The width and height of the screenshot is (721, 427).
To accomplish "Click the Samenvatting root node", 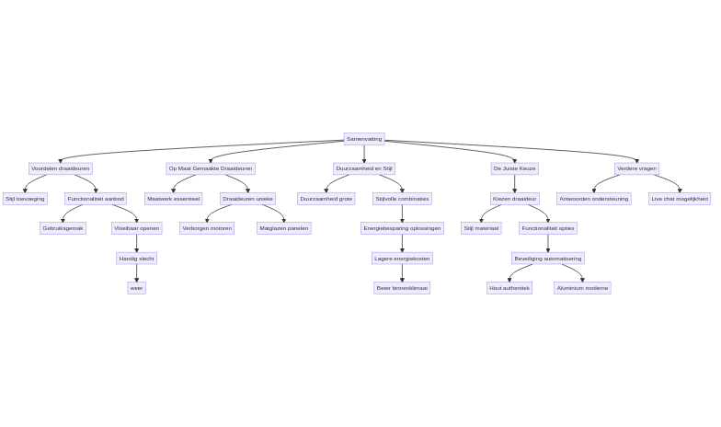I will click(x=364, y=139).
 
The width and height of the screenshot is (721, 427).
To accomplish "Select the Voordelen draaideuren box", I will click(x=61, y=168).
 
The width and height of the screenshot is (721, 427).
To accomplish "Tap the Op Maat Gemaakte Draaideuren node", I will click(x=211, y=168).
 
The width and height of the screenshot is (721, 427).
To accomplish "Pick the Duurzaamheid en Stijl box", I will click(x=363, y=168).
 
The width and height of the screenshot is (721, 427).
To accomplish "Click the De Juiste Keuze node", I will click(x=514, y=168).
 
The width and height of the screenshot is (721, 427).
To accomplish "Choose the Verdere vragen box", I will click(x=636, y=168).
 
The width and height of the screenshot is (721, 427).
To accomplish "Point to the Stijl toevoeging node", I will click(x=25, y=199).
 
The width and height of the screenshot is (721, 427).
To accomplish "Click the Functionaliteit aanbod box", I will click(x=96, y=199).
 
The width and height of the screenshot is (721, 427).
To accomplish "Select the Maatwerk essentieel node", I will click(x=173, y=199).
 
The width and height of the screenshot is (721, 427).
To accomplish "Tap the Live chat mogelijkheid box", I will click(x=680, y=199).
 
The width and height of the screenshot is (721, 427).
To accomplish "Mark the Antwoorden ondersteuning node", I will click(x=594, y=199).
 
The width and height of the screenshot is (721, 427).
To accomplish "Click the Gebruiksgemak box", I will click(x=63, y=228).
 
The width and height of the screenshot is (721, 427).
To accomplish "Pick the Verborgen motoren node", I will click(x=207, y=228).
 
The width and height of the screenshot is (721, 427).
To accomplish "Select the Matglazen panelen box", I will click(x=283, y=228).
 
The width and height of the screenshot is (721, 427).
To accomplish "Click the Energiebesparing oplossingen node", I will click(x=402, y=228).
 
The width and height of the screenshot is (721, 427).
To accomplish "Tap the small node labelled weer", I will click(x=136, y=288).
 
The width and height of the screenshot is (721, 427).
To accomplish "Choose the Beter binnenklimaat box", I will click(x=402, y=288).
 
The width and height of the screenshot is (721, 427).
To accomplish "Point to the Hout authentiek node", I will click(x=509, y=288).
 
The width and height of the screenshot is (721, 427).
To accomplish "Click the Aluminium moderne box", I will click(x=582, y=288).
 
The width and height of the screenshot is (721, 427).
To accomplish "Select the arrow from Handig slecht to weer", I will click(x=136, y=273).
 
